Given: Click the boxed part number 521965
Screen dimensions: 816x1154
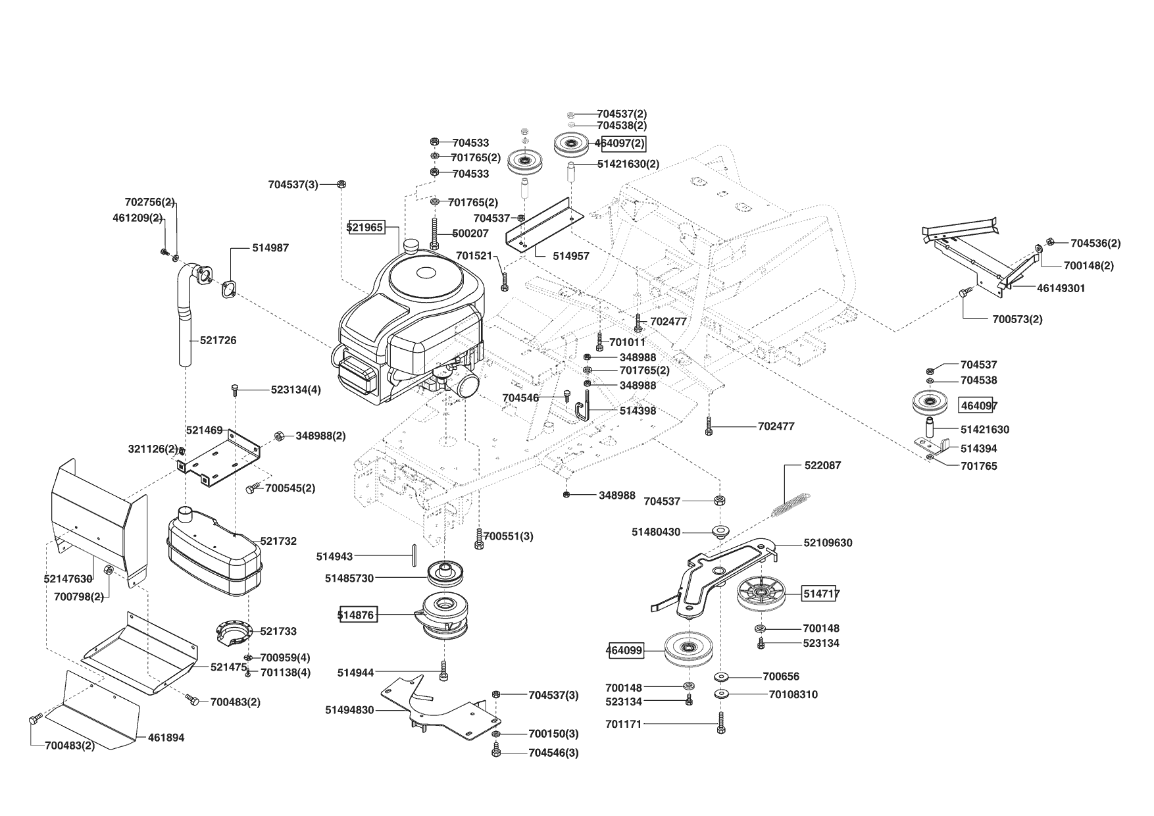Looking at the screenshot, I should tap(365, 227).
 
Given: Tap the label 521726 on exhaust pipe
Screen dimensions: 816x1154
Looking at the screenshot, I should tap(218, 340).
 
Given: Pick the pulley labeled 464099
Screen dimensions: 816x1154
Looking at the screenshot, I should tap(687, 650).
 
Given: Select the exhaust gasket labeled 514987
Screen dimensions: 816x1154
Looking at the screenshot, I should tap(229, 290).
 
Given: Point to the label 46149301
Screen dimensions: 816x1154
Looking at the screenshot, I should tap(1061, 288).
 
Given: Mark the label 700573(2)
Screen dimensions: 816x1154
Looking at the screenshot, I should tap(1017, 319).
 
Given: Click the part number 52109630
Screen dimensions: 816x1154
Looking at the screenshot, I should tap(828, 543).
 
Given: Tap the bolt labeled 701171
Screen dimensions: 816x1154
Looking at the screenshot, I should tap(721, 723).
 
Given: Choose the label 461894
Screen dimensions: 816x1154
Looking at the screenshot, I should tap(166, 738).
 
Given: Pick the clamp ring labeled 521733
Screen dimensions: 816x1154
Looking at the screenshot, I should tap(234, 633).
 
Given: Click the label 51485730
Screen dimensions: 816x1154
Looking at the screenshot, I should tap(349, 578).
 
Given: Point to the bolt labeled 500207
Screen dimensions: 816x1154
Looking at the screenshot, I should tap(434, 234).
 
